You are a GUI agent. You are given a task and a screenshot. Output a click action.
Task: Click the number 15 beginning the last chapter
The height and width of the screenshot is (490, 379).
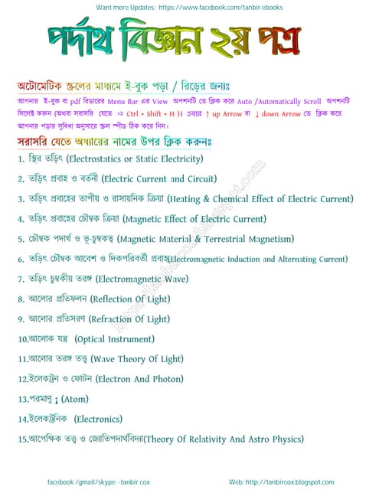(22, 439)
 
